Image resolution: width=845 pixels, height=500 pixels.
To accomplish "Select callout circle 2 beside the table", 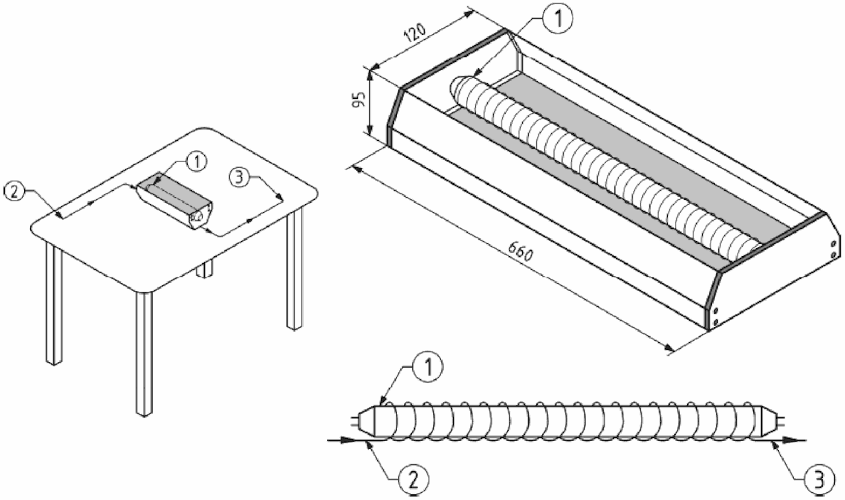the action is tap(14, 192).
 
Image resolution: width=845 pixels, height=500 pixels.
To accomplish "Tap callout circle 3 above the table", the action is tap(238, 177).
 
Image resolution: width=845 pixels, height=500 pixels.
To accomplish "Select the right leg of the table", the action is tap(294, 267).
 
